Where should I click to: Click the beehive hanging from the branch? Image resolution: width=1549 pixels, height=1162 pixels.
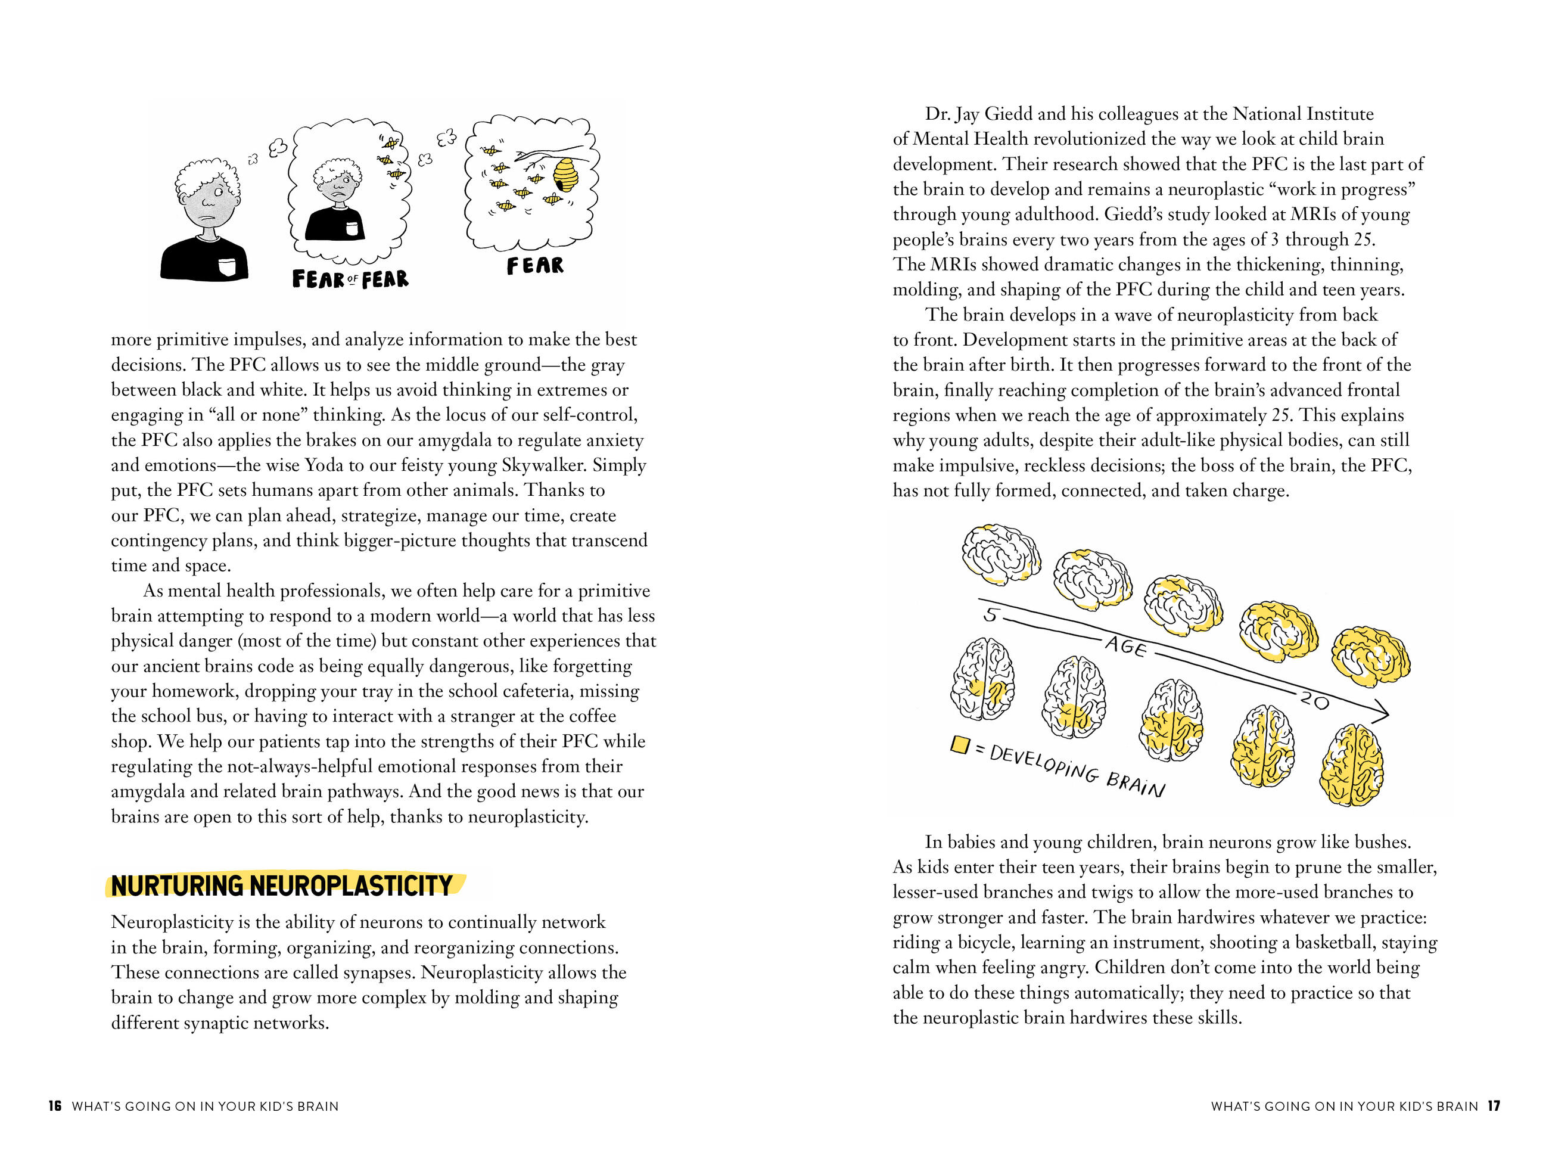pos(567,175)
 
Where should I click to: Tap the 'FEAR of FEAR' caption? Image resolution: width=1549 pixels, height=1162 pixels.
pos(350,279)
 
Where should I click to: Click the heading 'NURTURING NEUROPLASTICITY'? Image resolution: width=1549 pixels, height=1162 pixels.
pos(282,886)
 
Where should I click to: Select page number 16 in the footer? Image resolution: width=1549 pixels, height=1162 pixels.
pos(55,1106)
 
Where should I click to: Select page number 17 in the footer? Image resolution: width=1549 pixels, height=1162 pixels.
pos(1494,1106)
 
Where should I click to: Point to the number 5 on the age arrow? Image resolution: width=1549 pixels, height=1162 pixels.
pos(990,616)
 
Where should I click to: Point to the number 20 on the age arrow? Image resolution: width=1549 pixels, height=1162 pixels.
pos(1314,699)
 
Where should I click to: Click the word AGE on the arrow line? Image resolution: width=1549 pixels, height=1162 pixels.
pos(1126,646)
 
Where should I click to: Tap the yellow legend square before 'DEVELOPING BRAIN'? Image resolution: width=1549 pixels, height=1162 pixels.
pos(959,744)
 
